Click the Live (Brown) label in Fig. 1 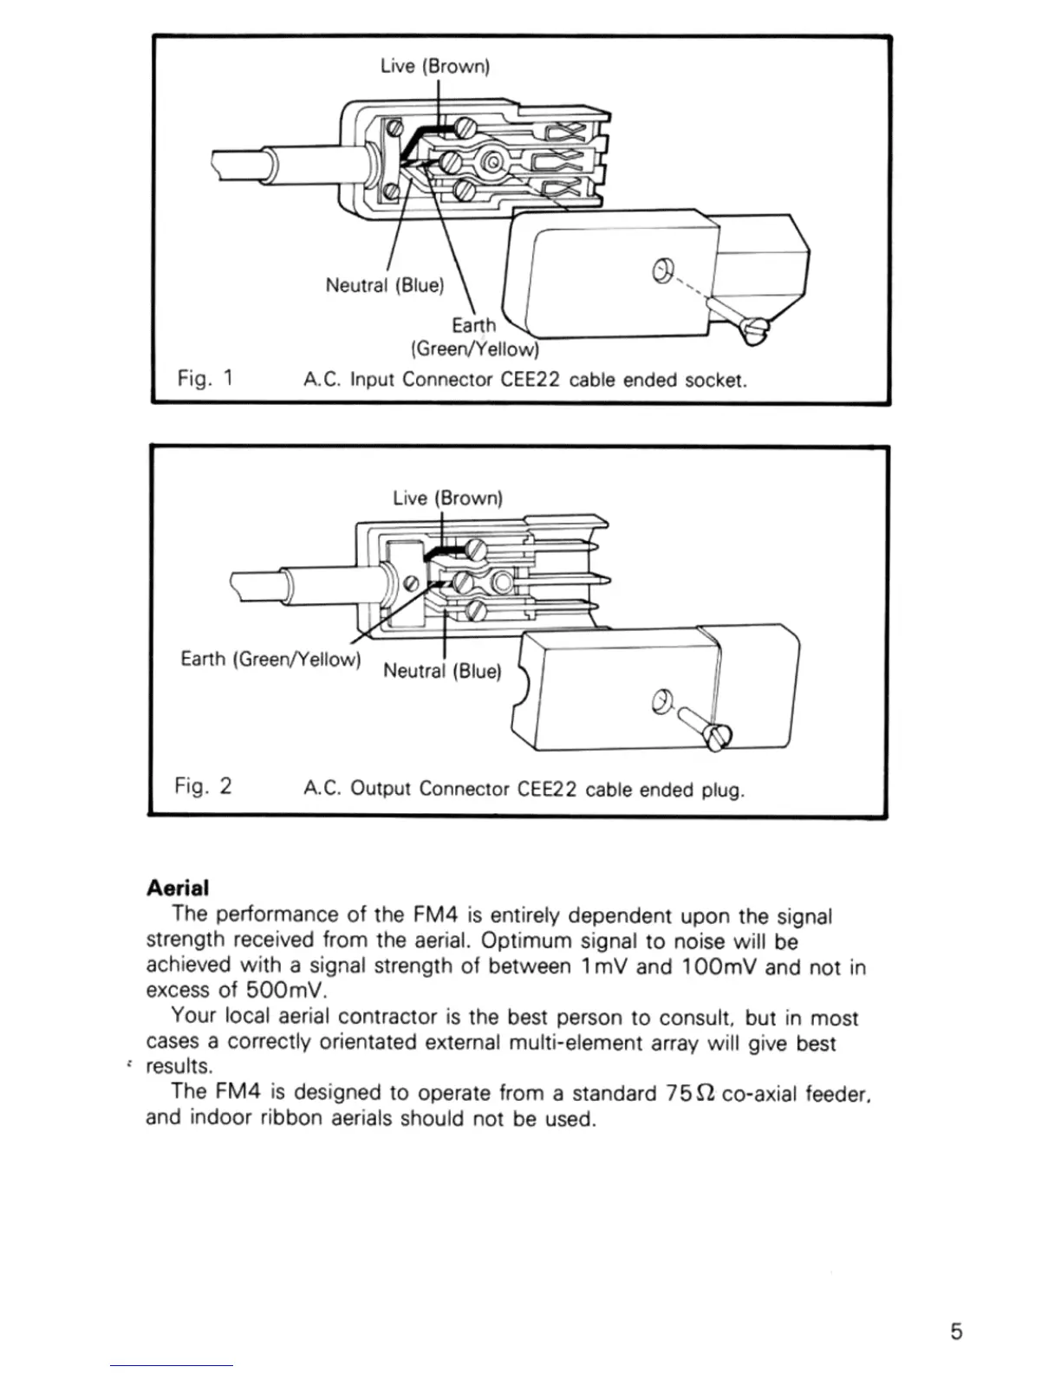pyautogui.click(x=435, y=66)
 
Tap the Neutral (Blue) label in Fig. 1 pyautogui.click(x=384, y=284)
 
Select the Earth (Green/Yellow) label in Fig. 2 pyautogui.click(x=270, y=659)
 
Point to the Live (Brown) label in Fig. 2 pyautogui.click(x=447, y=498)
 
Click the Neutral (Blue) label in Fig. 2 pyautogui.click(x=442, y=671)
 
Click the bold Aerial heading pyautogui.click(x=178, y=888)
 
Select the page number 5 pyautogui.click(x=956, y=1331)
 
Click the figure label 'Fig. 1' pyautogui.click(x=205, y=378)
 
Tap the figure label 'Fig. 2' pyautogui.click(x=203, y=786)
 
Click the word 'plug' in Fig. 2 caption pyautogui.click(x=723, y=790)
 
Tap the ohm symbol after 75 pyautogui.click(x=706, y=1093)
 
